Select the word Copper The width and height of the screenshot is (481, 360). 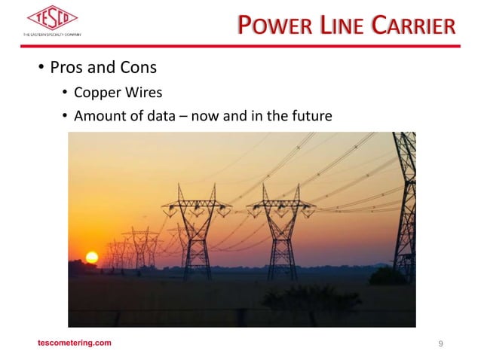pyautogui.click(x=98, y=93)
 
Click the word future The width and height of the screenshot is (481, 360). pyautogui.click(x=309, y=115)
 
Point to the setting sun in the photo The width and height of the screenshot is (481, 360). pyautogui.click(x=92, y=258)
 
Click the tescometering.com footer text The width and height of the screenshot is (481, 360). pyautogui.click(x=75, y=343)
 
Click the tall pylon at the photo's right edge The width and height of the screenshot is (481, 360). pyautogui.click(x=406, y=203)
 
